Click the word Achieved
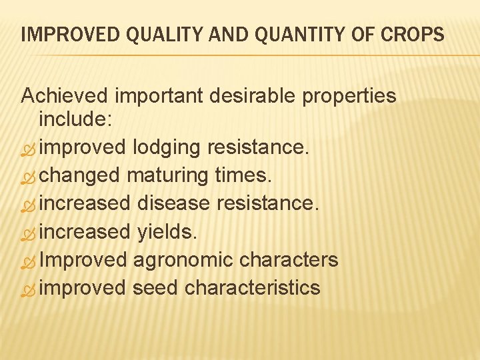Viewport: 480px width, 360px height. [65, 96]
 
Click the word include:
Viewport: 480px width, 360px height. [76, 119]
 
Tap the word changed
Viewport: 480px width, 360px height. [79, 175]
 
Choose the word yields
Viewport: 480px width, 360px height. [167, 232]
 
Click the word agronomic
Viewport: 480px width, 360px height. [187, 260]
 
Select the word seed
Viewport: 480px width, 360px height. [155, 288]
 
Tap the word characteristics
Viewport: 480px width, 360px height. [253, 288]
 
